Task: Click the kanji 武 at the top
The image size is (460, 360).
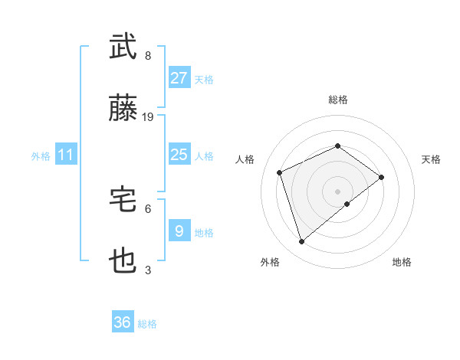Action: (x=124, y=47)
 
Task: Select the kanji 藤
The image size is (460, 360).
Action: (x=124, y=110)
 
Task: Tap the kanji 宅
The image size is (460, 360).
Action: (x=124, y=200)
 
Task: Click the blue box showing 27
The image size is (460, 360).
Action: (x=179, y=78)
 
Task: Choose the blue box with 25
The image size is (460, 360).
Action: (x=179, y=155)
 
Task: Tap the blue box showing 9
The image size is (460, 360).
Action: (x=179, y=231)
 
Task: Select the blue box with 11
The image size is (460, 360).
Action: (x=66, y=155)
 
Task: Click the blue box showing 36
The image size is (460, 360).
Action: (x=123, y=322)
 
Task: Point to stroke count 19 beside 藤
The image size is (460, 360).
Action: (x=149, y=117)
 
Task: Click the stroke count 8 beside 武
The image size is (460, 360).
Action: (x=148, y=56)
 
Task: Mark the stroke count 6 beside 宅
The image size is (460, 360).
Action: (x=148, y=208)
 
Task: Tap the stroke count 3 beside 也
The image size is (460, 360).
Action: (x=148, y=270)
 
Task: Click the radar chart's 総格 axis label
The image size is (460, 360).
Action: (x=338, y=100)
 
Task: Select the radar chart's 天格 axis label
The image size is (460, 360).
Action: (x=432, y=159)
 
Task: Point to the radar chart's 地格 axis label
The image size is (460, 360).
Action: (x=402, y=262)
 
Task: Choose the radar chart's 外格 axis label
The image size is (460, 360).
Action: (x=270, y=262)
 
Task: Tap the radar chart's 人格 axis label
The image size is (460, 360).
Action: (x=245, y=159)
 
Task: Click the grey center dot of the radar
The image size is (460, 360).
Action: (x=338, y=190)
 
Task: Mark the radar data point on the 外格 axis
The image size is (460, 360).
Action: (x=301, y=242)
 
